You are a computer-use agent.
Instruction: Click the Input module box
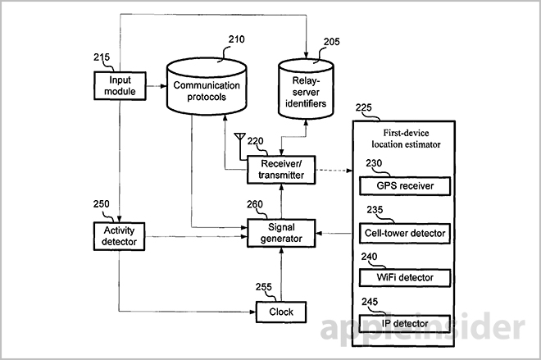point(120,85)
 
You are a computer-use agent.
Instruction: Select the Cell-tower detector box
point(404,233)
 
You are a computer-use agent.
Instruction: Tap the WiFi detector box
point(404,278)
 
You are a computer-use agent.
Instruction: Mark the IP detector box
point(404,324)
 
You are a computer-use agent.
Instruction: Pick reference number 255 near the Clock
point(264,287)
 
